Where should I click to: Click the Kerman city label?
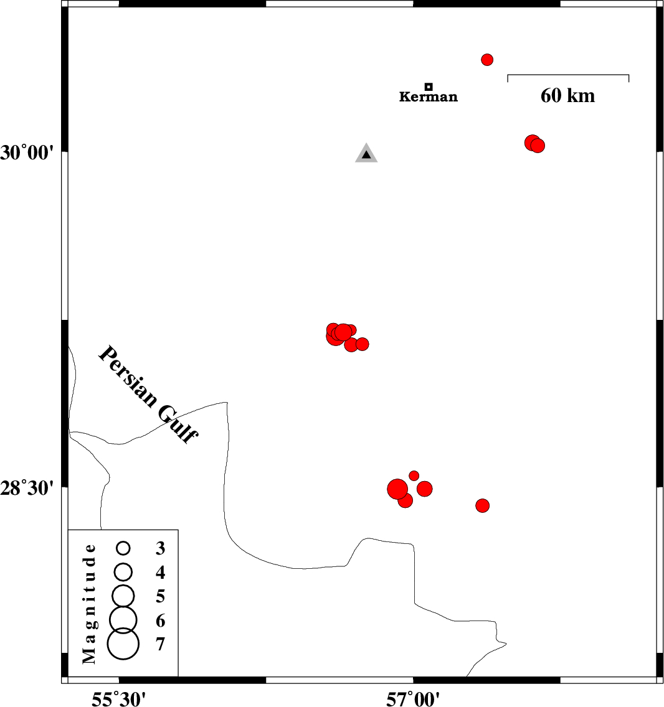tap(429, 96)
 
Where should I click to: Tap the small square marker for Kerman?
tap(429, 87)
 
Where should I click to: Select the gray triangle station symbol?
tap(366, 153)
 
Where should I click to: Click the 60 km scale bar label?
tap(568, 96)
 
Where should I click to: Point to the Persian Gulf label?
tap(148, 395)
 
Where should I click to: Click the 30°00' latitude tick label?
tap(27, 153)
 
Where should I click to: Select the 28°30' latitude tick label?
tap(27, 488)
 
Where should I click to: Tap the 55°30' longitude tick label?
tap(119, 699)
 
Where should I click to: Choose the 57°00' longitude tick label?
tap(412, 699)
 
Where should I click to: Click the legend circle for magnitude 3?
tap(123, 548)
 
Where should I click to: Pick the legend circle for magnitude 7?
tap(123, 644)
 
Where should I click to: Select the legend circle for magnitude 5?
tap(123, 596)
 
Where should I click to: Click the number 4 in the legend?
tap(160, 572)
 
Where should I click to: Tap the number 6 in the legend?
tap(160, 621)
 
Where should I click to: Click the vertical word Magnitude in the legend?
tap(89, 604)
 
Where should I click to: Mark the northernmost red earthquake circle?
tap(487, 60)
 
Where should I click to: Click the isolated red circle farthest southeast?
tap(483, 505)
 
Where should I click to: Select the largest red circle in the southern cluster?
tap(397, 489)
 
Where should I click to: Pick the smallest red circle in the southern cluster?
tap(414, 475)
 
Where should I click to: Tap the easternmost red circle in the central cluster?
tap(362, 344)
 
